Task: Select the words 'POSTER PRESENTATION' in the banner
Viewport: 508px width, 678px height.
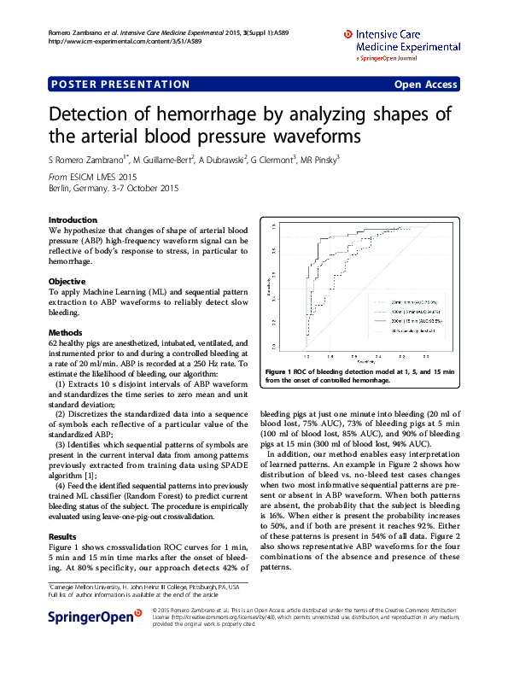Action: coord(120,85)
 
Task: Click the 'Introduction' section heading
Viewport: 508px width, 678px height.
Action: coord(73,219)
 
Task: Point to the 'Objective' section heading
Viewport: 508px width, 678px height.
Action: coord(67,281)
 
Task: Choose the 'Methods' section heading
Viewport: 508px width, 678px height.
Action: coord(66,332)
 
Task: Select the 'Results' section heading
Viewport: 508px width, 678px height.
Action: coord(63,537)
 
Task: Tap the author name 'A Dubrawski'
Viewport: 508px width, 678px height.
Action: coord(222,159)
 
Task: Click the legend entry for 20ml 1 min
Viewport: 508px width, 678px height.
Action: coord(412,302)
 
